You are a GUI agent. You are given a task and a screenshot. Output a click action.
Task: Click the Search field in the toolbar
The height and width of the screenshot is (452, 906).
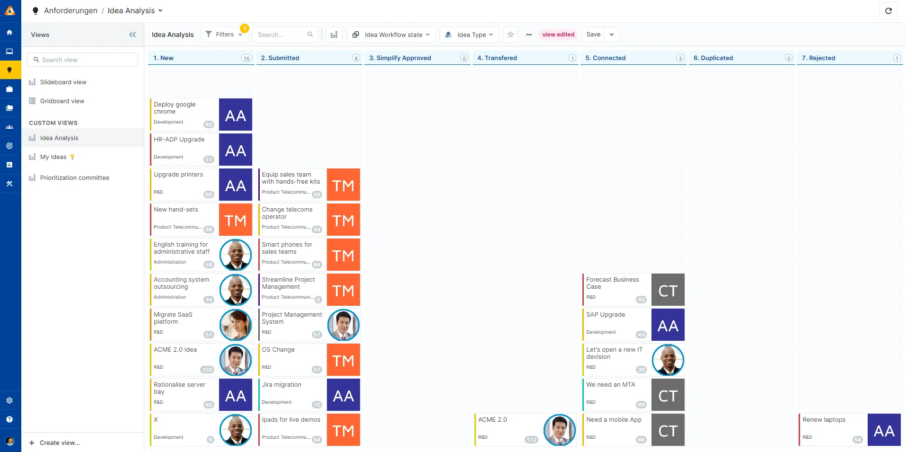tap(281, 35)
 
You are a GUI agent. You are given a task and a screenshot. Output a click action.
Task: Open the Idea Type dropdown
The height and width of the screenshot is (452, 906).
tap(470, 35)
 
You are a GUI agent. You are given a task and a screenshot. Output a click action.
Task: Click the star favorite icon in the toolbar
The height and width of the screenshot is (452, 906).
tap(510, 35)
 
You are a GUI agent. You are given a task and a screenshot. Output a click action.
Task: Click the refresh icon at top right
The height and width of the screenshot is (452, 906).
tap(888, 11)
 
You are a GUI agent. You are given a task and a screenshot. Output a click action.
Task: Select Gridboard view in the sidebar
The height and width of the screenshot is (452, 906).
tap(62, 101)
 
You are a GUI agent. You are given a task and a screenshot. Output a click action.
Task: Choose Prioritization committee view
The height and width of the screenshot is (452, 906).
tap(74, 177)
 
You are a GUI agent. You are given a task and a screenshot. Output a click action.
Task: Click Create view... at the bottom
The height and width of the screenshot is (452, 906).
tap(59, 443)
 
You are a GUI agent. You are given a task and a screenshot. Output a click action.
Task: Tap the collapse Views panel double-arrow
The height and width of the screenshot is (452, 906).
tap(132, 35)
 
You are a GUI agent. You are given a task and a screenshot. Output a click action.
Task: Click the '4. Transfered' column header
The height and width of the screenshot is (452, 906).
tap(497, 58)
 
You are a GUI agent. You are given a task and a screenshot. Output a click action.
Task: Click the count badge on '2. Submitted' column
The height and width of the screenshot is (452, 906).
tap(356, 58)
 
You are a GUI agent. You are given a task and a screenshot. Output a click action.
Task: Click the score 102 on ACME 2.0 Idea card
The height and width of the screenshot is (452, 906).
tap(207, 370)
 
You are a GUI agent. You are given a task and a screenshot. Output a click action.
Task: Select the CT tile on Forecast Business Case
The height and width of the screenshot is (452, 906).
tap(668, 290)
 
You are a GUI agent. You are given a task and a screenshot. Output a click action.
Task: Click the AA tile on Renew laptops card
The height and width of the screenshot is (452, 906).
tap(884, 430)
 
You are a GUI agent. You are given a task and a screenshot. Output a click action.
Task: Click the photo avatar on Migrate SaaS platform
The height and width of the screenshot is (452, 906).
tap(236, 325)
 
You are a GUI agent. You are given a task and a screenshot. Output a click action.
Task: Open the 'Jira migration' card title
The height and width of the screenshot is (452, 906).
tap(281, 384)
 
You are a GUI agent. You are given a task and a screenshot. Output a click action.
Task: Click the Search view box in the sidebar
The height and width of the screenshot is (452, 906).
tap(83, 60)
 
